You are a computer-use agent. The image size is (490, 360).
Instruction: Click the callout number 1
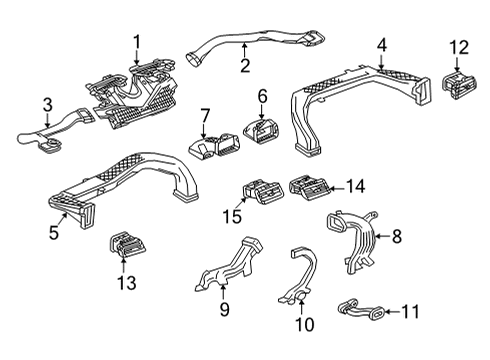(137, 41)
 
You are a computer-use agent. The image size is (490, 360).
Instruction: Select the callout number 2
(244, 67)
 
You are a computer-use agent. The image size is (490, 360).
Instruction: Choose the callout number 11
(410, 312)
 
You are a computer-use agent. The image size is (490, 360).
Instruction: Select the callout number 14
(354, 185)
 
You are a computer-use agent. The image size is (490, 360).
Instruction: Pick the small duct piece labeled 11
(361, 312)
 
